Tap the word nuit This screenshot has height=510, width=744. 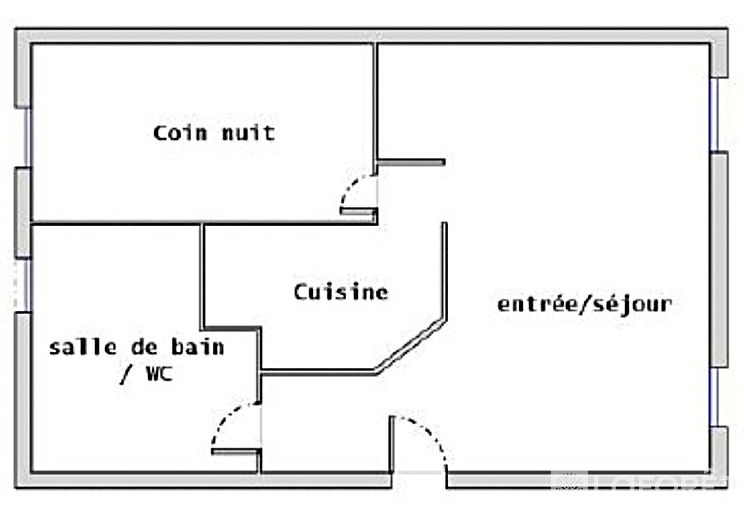tap(249, 133)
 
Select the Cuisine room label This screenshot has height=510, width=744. tap(341, 292)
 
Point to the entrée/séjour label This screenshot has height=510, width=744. tap(585, 304)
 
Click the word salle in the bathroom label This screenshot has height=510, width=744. tap(83, 348)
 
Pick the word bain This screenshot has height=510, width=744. tap(197, 348)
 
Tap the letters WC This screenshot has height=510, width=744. tap(159, 374)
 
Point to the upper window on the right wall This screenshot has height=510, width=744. tap(715, 115)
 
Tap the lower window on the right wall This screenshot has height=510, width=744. tap(715, 397)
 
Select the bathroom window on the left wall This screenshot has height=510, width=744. tap(26, 285)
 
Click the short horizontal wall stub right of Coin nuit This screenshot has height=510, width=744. tap(411, 162)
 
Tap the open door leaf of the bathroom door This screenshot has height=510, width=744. tap(236, 452)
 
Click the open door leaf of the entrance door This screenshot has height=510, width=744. tap(392, 444)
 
